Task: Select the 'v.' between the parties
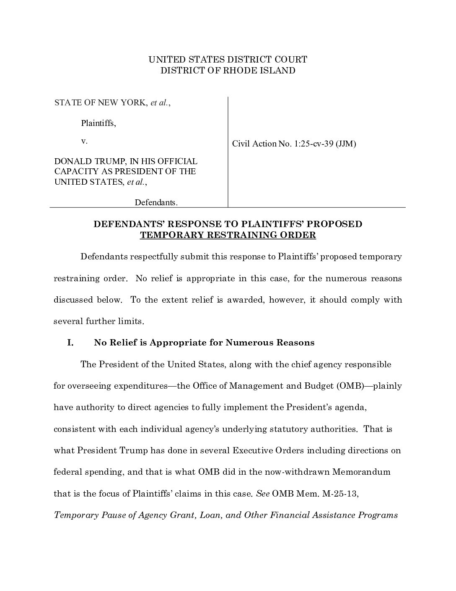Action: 84,141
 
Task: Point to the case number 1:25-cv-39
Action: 312,144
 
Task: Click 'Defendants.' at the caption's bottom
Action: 156,202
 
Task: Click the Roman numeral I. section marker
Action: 70,343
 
